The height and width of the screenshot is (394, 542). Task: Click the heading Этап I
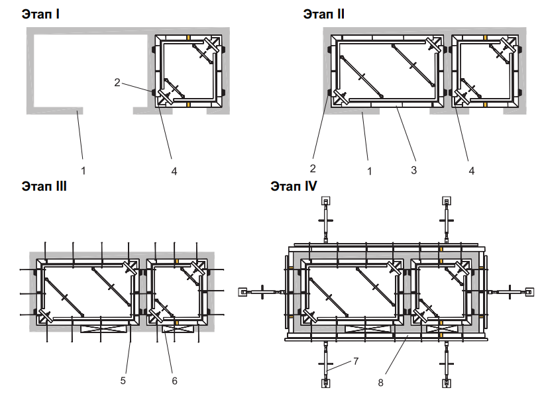40,13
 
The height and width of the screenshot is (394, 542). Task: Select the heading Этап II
323,13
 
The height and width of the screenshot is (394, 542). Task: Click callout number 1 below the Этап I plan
83,170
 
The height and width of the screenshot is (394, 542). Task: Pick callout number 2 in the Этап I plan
117,83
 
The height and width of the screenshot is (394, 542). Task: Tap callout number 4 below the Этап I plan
174,170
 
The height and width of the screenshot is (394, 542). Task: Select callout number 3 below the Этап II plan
413,170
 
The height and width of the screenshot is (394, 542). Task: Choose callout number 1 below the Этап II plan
370,170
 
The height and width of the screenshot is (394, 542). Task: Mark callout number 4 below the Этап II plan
471,170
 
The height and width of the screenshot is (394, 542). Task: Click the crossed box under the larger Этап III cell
103,328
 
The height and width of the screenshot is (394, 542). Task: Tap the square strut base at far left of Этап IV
243,291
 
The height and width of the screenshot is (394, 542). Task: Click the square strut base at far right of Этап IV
529,291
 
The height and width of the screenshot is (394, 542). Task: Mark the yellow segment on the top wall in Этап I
188,38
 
